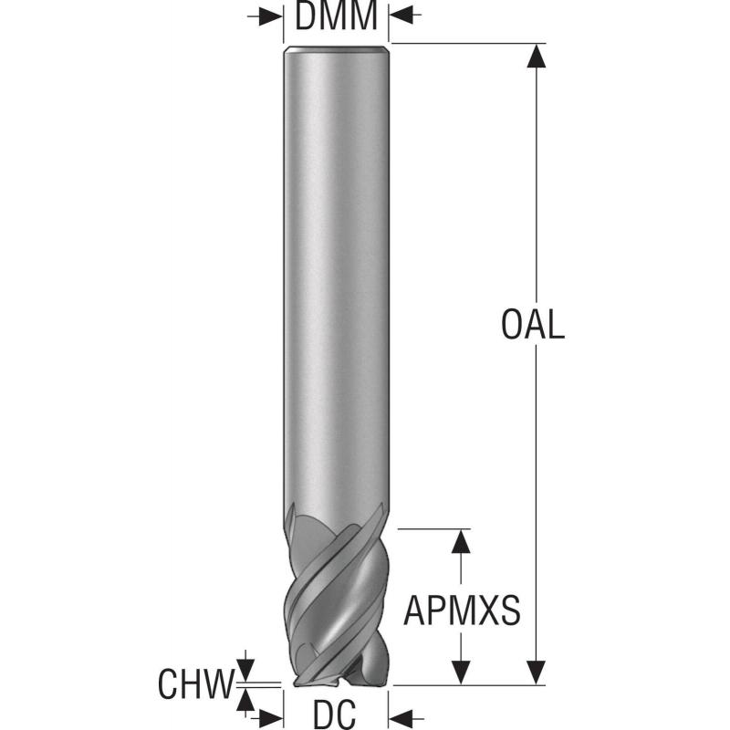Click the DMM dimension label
(x=336, y=16)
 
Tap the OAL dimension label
(x=533, y=325)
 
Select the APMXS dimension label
(x=462, y=610)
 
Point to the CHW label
(x=195, y=683)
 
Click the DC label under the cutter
(x=335, y=714)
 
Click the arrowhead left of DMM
(x=271, y=16)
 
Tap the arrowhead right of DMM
(x=401, y=16)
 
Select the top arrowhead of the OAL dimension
(x=537, y=56)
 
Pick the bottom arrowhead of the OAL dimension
(x=537, y=673)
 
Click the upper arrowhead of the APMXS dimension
(x=461, y=541)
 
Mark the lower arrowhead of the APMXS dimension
(x=461, y=673)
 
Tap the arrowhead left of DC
(x=271, y=716)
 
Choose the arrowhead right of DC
(x=401, y=716)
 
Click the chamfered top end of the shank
(x=336, y=48)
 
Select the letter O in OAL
(x=511, y=325)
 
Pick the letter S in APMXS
(x=510, y=610)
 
